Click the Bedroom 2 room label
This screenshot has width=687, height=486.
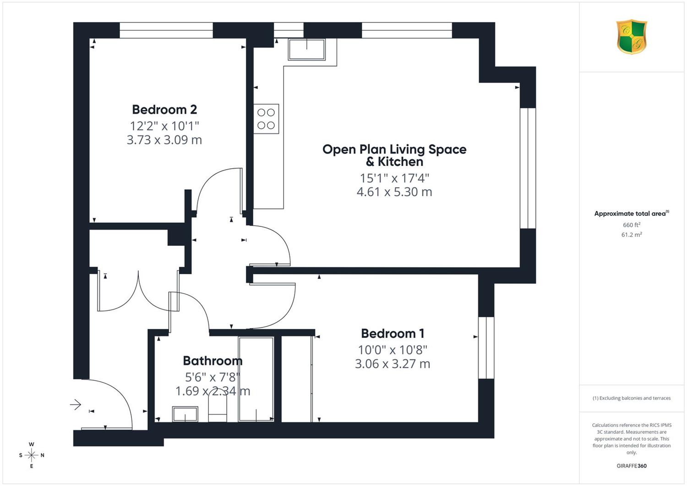[164, 110]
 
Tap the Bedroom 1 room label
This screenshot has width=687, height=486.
[393, 334]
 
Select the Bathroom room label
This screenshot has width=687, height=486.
[213, 361]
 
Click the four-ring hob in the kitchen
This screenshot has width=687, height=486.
[266, 119]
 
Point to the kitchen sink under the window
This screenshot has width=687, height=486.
[307, 49]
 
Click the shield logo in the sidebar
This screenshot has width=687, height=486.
[632, 37]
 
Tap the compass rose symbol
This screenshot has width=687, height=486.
[32, 455]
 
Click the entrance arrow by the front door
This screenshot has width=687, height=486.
[76, 405]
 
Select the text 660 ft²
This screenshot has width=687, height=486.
[632, 225]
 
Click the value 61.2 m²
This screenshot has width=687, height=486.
[632, 235]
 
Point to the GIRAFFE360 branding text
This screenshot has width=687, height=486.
[632, 466]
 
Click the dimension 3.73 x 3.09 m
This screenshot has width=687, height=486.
[164, 140]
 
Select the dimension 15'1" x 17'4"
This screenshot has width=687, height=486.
[394, 178]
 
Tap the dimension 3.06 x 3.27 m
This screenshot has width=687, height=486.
[393, 364]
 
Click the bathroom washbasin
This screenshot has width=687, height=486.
[185, 414]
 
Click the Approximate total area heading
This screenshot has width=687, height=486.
[632, 213]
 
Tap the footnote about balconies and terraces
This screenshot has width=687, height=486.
[632, 398]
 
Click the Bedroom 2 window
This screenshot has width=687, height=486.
[166, 30]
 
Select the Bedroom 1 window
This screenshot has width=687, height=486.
[486, 348]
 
